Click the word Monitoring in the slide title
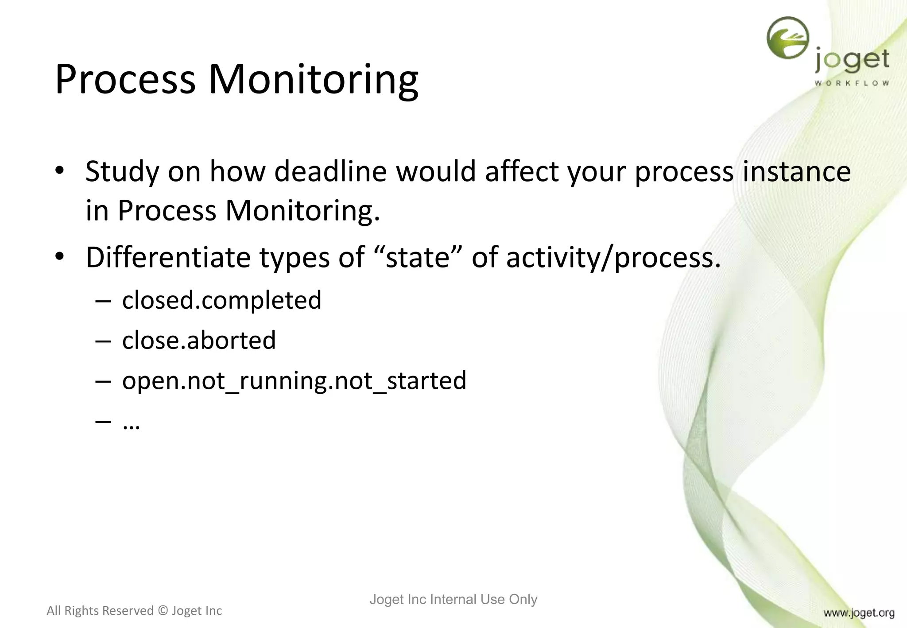pyautogui.click(x=313, y=80)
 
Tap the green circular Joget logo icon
pyautogui.click(x=788, y=38)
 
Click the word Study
pyautogui.click(x=122, y=171)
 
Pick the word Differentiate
pyautogui.click(x=168, y=257)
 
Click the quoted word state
pyautogui.click(x=418, y=257)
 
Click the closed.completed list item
pyautogui.click(x=221, y=300)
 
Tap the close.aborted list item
pyautogui.click(x=199, y=340)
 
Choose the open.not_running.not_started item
pyautogui.click(x=294, y=380)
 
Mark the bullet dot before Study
pyautogui.click(x=60, y=171)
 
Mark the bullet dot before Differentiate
pyautogui.click(x=60, y=256)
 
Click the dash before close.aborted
pyautogui.click(x=103, y=341)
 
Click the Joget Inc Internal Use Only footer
pyautogui.click(x=453, y=599)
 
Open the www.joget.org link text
pyautogui.click(x=859, y=613)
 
